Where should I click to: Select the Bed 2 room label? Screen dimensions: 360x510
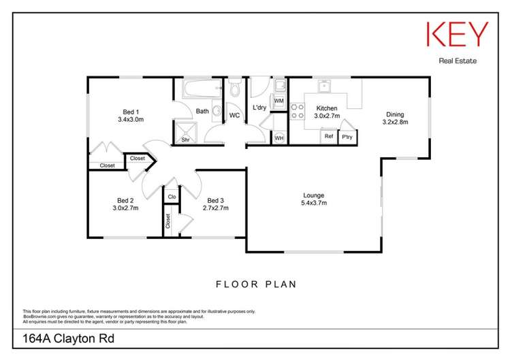[x=125, y=200]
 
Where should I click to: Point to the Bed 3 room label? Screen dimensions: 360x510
[x=215, y=200]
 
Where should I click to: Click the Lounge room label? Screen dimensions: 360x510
[x=313, y=196]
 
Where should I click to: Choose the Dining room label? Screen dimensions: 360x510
[x=395, y=114]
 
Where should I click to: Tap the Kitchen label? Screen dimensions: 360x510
[x=326, y=109]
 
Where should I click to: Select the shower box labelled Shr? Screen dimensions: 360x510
[x=185, y=135]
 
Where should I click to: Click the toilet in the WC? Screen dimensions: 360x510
[x=234, y=90]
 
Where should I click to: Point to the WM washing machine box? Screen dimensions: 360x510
[x=278, y=101]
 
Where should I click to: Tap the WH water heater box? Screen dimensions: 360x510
[x=278, y=138]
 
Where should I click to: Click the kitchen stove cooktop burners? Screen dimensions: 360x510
[x=297, y=111]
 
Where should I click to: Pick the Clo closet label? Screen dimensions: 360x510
[x=172, y=197]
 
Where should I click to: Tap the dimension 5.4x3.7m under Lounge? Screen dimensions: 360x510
[x=313, y=203]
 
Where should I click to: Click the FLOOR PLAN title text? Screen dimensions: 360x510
[x=255, y=284]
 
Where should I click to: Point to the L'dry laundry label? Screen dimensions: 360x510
[x=259, y=108]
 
